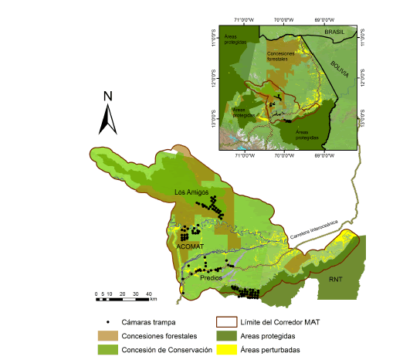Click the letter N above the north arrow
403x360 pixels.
click(108, 97)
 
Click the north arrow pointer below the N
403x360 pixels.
click(108, 119)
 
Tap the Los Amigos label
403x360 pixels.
click(192, 192)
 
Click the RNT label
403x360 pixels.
click(335, 278)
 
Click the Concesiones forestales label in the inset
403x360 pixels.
click(283, 56)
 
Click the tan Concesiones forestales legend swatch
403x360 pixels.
click(108, 336)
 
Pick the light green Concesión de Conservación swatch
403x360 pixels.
click(108, 350)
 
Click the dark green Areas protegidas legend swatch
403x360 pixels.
click(225, 336)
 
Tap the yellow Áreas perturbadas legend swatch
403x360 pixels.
click(225, 350)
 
